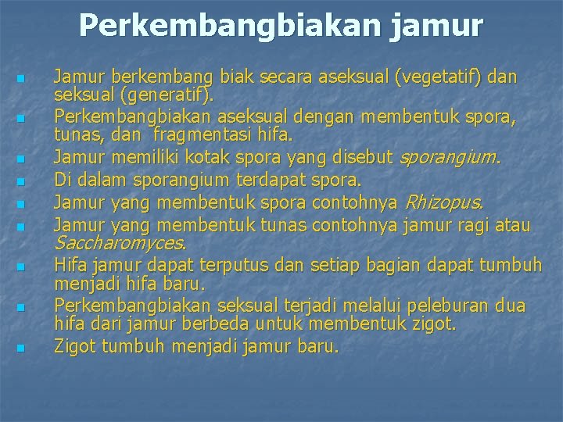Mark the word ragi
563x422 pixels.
coord(482,226)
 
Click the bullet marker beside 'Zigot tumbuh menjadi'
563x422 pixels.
coord(22,347)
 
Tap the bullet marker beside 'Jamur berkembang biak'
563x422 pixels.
coord(22,80)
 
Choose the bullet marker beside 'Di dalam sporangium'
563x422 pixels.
coord(22,182)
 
